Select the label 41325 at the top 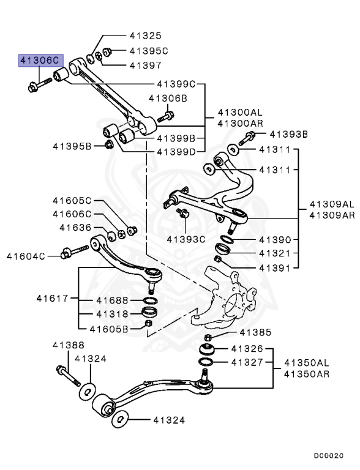tap(145, 36)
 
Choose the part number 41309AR tap(331, 215)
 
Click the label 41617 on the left tap(53, 299)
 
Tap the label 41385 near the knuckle tap(254, 333)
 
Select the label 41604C tap(27, 255)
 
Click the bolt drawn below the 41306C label tap(36, 84)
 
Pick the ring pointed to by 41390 tap(226, 238)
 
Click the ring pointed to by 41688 tap(148, 300)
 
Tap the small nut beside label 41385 tap(208, 338)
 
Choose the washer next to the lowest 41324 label tap(120, 420)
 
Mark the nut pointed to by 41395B tap(109, 144)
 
